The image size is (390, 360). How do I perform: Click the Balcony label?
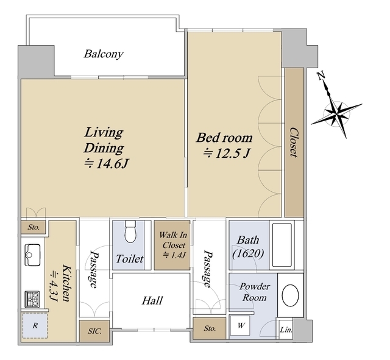104,54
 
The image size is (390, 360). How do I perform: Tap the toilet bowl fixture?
130,231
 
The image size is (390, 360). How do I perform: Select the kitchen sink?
32,255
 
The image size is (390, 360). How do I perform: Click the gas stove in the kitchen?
32,299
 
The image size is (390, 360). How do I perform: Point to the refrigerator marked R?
35,325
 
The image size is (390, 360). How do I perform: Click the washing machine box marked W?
240,325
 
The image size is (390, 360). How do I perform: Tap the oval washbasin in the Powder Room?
290,295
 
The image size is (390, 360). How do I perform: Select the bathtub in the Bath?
282,245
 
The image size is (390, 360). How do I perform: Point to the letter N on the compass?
321,76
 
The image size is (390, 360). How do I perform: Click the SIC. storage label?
94,331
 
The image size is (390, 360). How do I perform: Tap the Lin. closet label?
286,330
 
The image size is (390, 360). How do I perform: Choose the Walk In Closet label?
173,240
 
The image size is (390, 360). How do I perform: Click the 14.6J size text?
106,164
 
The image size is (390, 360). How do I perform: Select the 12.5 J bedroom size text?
226,153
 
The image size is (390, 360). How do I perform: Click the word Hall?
152,300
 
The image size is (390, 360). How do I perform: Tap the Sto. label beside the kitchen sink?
34,227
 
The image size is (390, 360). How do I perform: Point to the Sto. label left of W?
210,328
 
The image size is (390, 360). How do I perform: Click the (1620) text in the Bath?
248,254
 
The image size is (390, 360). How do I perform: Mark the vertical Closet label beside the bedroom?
294,143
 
